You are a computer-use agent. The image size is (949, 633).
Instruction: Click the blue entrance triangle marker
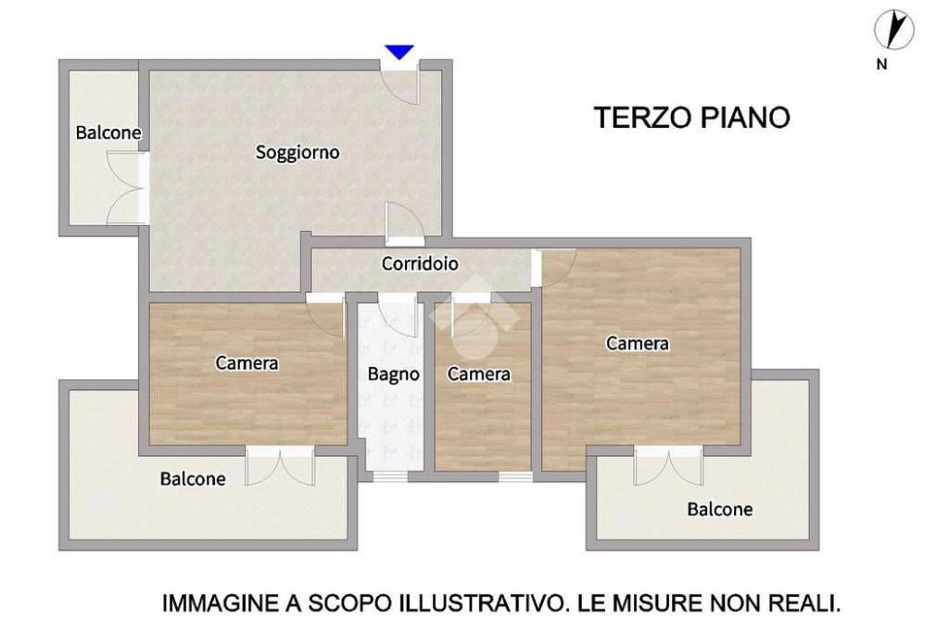[399, 52]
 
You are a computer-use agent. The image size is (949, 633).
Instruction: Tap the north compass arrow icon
[894, 30]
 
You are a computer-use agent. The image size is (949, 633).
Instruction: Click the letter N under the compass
[882, 64]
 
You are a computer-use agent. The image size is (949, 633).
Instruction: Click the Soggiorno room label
[297, 152]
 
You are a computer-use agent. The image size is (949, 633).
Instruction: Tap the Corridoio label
[420, 263]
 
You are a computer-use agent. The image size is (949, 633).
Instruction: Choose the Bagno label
[393, 374]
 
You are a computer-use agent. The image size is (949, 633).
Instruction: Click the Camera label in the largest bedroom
[638, 343]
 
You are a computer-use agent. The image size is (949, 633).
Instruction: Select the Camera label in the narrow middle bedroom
[479, 374]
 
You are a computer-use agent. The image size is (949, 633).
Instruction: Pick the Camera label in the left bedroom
[247, 362]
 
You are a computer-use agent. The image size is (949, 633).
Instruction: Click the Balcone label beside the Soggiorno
[108, 133]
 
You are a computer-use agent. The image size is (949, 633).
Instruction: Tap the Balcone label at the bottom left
[193, 478]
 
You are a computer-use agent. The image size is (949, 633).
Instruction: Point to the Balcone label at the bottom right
[719, 509]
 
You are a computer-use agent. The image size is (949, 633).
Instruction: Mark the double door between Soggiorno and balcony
[127, 187]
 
